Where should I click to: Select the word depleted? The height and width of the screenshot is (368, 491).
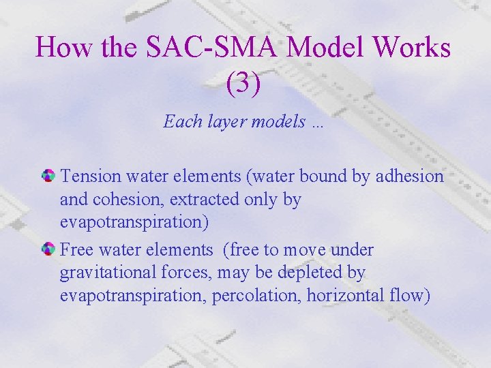pos(307,273)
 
